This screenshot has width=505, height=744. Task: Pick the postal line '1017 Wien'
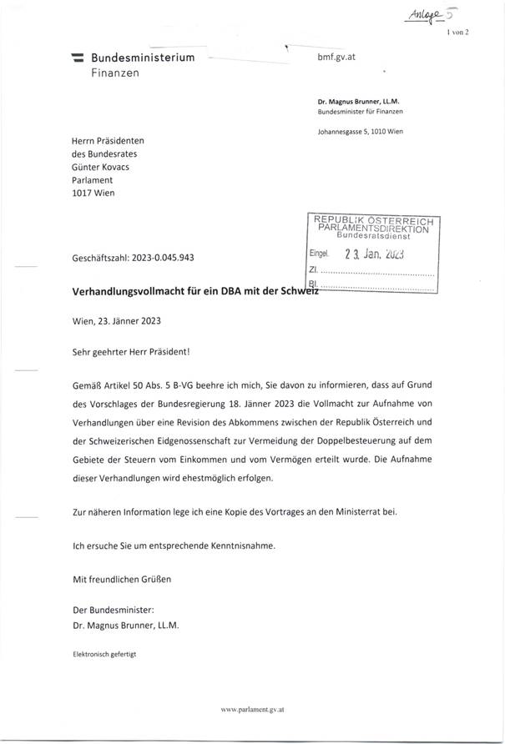point(93,193)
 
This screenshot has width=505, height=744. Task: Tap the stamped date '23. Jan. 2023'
point(373,255)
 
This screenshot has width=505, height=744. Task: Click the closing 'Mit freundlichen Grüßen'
point(122,577)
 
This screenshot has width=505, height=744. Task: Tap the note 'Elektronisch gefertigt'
point(104,653)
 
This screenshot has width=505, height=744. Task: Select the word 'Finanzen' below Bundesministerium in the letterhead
point(115,73)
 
